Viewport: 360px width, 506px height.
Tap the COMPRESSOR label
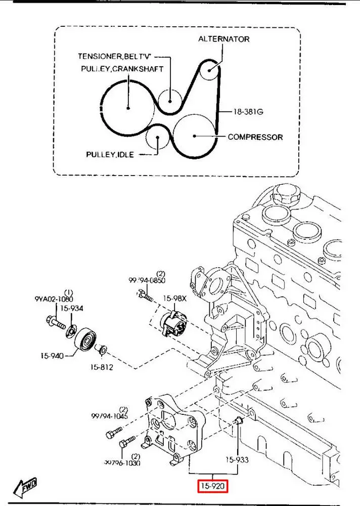point(255,137)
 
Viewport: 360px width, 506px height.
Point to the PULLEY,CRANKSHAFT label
point(121,69)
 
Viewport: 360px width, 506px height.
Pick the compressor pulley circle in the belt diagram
point(195,135)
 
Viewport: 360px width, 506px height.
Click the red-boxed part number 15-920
point(212,487)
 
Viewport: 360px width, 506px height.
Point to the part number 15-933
point(237,460)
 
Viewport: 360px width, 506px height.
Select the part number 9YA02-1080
point(54,299)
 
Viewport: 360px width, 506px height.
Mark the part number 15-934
point(72,308)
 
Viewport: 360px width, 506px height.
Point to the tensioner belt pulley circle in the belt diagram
point(170,99)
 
